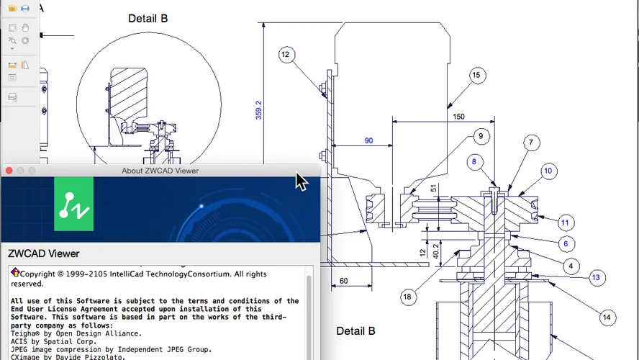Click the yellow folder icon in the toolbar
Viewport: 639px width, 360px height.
tap(12, 8)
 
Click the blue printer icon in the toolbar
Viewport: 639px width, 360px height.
tap(25, 8)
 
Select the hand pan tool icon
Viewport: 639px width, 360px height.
tap(25, 28)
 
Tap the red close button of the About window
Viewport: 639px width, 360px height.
tap(9, 171)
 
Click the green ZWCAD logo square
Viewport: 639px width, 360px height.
tap(73, 205)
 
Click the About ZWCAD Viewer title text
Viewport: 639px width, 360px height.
tap(160, 171)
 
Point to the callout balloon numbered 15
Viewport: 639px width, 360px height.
tap(476, 75)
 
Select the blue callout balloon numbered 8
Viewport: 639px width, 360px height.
tap(473, 162)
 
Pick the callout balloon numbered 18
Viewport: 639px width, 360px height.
tap(408, 297)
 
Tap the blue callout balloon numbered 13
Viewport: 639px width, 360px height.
tap(594, 277)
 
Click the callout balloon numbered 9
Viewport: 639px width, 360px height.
tap(481, 135)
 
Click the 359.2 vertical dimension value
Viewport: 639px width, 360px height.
tap(259, 109)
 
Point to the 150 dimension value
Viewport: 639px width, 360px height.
tap(458, 117)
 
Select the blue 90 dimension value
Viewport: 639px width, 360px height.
tap(368, 141)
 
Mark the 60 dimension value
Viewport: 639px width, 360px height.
tap(343, 280)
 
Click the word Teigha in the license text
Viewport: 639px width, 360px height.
tap(27, 333)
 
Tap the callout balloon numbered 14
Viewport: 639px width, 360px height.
tap(606, 317)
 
